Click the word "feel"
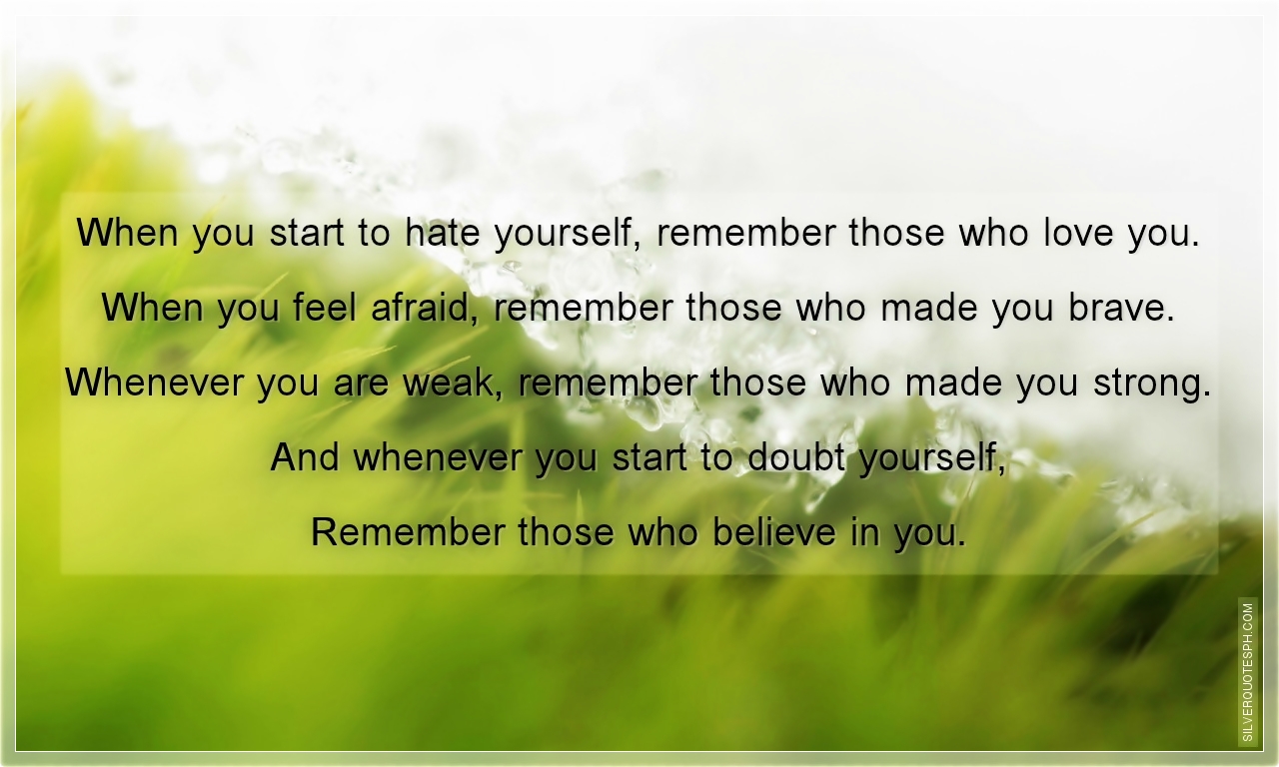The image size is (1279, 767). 326,309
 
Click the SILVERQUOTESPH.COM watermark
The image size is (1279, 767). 1248,671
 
